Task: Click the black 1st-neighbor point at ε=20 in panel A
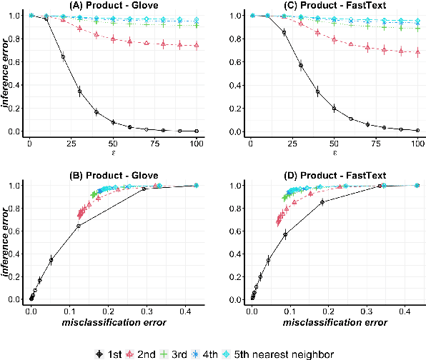[63, 56]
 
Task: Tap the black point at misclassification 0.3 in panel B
[144, 189]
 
